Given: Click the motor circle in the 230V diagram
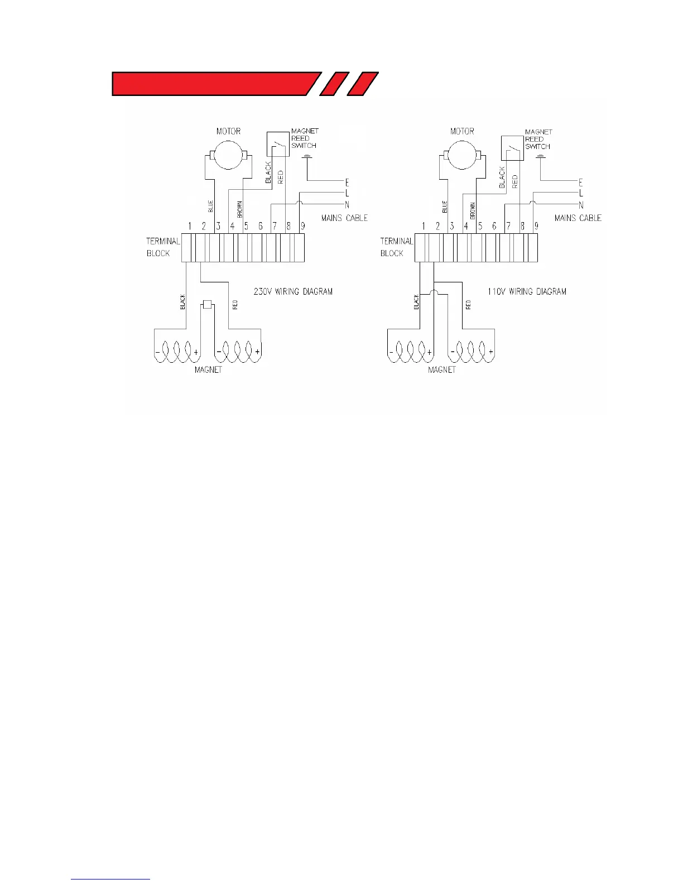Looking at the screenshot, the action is coord(228,155).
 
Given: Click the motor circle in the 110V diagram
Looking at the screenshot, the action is coord(462,155).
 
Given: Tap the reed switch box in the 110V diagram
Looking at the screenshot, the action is coord(512,148).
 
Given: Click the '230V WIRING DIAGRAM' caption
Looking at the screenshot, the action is coord(293,291).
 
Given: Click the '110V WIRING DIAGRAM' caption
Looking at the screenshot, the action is coord(527,291).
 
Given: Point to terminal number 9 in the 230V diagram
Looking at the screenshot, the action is coord(303,226).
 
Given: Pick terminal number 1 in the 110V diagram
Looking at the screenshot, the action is coord(424,226).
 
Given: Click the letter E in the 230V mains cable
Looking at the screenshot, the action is coord(347,182).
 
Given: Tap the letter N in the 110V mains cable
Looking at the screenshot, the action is coord(581,205).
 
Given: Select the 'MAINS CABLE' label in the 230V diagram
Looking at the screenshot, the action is coord(344,218).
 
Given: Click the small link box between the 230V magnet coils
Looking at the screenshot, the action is coord(208,304).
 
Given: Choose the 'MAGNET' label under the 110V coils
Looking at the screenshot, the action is coord(441,370).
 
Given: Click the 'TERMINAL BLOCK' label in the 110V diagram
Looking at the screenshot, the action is coord(396,247).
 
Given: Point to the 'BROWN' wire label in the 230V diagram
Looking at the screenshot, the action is coord(240,209).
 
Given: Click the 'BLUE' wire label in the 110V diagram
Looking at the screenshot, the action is coord(445,207).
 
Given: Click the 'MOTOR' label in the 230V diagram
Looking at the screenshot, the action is coord(228,131).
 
